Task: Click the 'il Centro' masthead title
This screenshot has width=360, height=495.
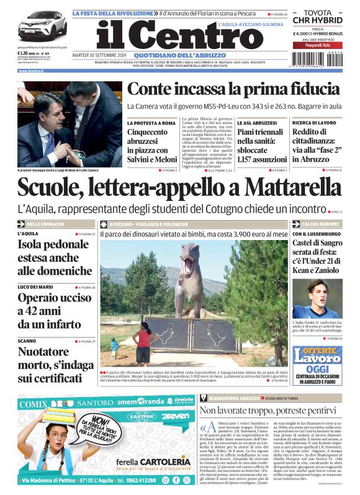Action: [171, 37]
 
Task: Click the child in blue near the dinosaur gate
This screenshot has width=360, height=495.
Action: [114, 346]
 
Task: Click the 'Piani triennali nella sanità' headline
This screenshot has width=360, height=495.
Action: [261, 145]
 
